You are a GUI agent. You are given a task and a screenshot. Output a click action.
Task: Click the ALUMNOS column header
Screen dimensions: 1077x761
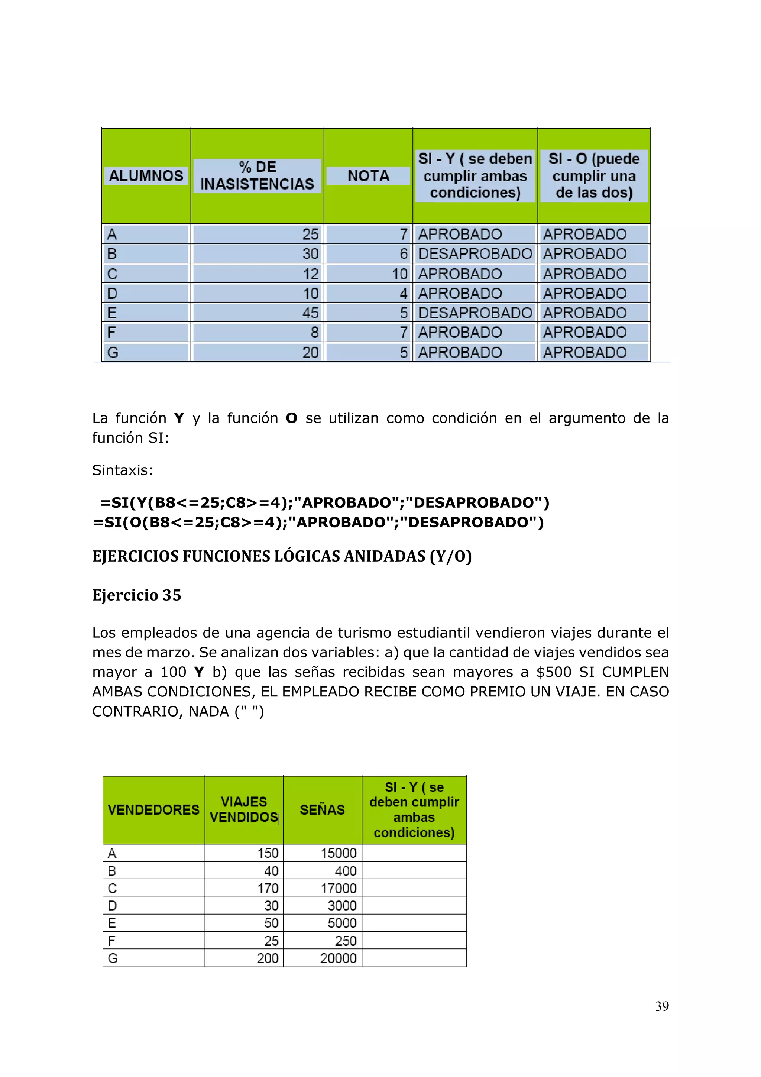coord(146,176)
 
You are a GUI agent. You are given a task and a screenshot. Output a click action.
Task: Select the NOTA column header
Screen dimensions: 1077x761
coord(368,176)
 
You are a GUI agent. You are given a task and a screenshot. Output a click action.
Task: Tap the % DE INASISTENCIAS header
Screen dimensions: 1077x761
coord(257,175)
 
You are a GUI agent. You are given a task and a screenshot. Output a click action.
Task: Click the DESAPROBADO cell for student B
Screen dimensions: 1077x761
coord(475,254)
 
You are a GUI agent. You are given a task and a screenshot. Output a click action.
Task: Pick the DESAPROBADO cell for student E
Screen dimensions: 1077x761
coord(475,313)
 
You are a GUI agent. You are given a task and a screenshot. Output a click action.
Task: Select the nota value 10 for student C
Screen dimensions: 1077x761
coord(399,274)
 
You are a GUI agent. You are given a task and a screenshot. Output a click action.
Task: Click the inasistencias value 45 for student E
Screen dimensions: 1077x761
coord(310,313)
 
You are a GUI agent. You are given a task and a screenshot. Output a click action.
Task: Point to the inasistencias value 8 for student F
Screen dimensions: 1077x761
coord(314,333)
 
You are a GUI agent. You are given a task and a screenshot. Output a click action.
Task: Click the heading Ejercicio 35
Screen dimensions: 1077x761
coord(136,595)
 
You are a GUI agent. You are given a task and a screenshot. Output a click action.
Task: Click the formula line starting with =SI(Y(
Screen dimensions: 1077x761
coord(324,502)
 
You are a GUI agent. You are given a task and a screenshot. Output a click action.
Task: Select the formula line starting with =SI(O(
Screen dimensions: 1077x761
coord(318,522)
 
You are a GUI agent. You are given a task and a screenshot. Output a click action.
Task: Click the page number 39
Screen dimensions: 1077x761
coord(661,1006)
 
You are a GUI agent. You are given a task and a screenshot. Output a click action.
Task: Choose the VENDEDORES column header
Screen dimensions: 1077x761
coord(153,810)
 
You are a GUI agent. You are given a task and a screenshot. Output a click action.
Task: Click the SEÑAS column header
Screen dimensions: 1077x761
coord(322,810)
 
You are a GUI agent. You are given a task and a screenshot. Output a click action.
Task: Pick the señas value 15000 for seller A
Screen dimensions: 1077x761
coord(338,853)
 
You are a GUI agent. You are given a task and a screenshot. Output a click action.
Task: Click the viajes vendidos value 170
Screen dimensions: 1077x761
coord(268,888)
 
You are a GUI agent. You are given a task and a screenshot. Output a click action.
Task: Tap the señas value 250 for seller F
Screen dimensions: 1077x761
coord(346,941)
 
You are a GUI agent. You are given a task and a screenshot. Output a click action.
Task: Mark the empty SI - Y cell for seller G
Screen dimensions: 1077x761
coord(414,958)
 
